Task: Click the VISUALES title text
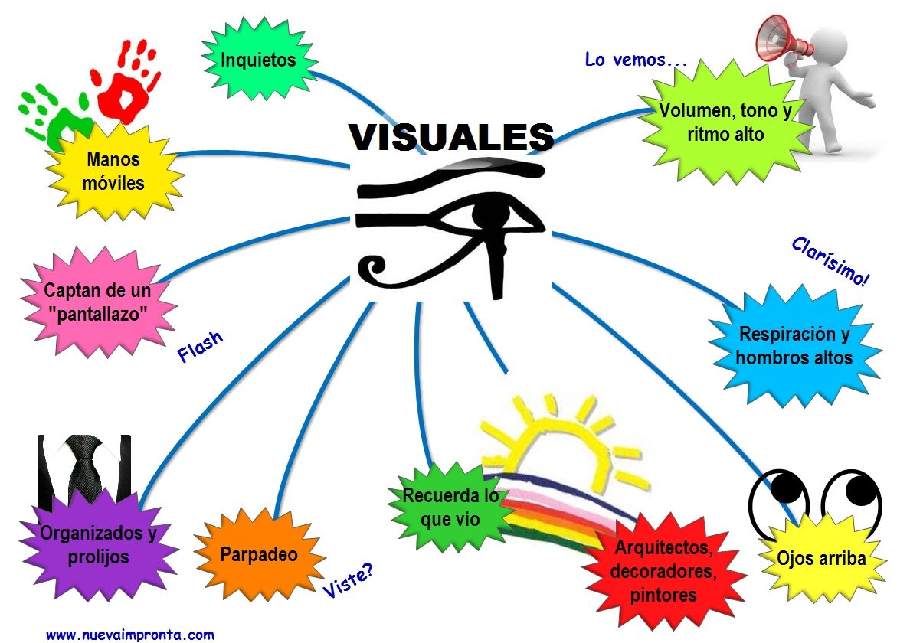[x=451, y=136]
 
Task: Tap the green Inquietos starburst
[x=258, y=60]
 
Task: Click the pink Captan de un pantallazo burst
[x=97, y=302]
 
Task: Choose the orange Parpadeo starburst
[x=258, y=554]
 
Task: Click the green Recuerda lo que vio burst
[x=450, y=507]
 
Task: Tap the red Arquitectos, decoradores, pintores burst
[x=663, y=570]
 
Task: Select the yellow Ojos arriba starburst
[x=821, y=558]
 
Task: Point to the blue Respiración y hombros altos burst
[x=794, y=345]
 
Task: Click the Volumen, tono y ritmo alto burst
[x=725, y=122]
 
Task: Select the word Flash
[x=200, y=347]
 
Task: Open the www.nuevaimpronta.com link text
[x=130, y=634]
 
